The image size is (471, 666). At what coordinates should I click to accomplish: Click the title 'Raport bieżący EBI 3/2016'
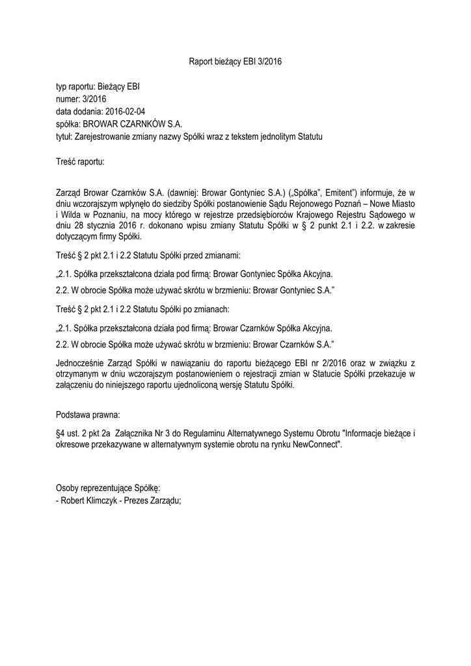(235, 62)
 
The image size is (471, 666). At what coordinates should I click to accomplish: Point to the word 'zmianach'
(213, 308)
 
